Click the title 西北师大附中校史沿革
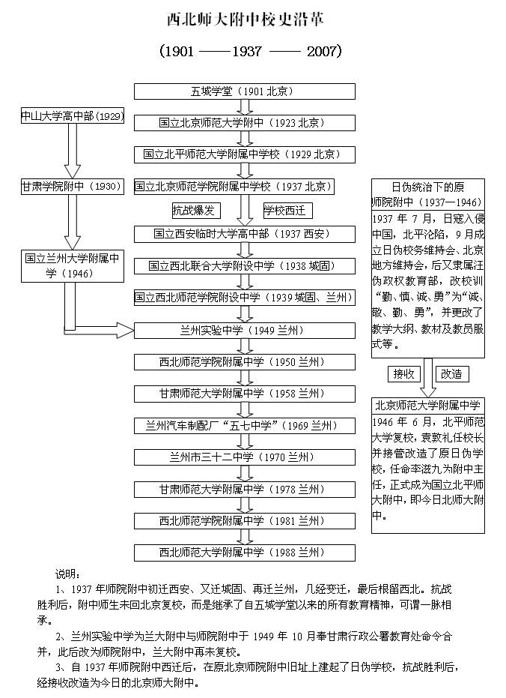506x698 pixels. click(246, 18)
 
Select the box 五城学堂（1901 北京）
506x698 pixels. click(242, 91)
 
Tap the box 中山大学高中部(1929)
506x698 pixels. click(73, 116)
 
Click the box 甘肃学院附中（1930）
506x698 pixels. click(72, 187)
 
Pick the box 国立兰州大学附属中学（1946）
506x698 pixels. click(72, 265)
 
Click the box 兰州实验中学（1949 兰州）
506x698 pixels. click(242, 330)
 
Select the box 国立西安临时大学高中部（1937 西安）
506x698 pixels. click(242, 234)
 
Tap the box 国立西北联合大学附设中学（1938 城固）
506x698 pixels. click(242, 265)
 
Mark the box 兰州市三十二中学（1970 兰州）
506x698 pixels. click(242, 457)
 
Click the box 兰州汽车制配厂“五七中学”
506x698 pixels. click(242, 426)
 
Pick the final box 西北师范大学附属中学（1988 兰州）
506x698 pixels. click(242, 553)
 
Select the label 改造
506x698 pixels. click(451, 373)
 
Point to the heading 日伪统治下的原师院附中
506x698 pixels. click(427, 194)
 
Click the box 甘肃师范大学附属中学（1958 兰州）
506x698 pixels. click(242, 394)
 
